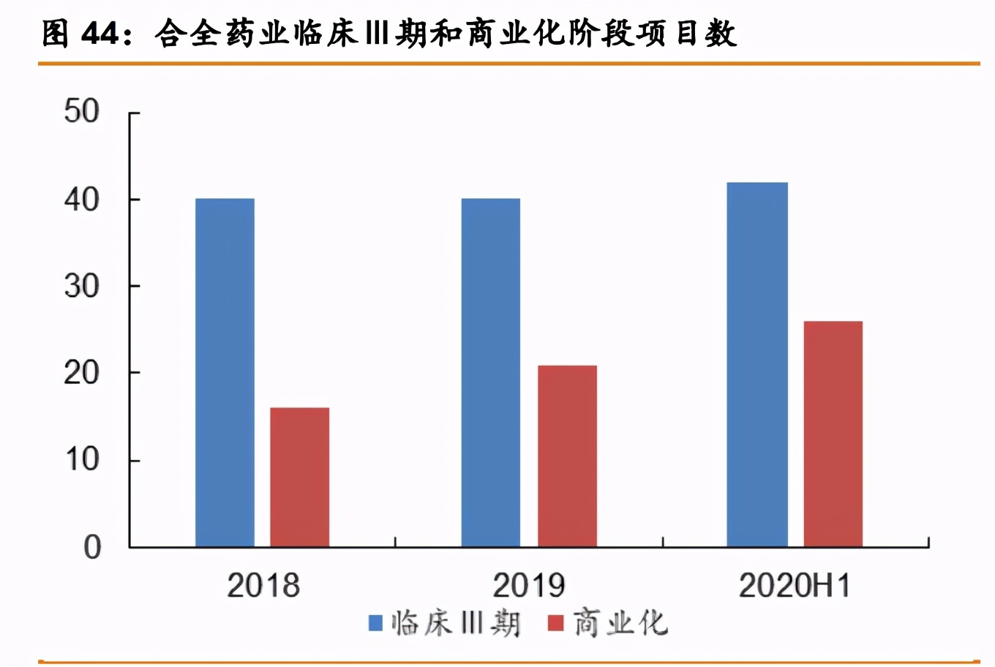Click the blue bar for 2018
pyautogui.click(x=225, y=372)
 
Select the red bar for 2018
pyautogui.click(x=299, y=477)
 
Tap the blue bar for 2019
pyautogui.click(x=490, y=372)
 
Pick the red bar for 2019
pyautogui.click(x=567, y=456)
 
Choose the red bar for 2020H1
pyautogui.click(x=833, y=434)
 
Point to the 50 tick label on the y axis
pyautogui.click(x=81, y=112)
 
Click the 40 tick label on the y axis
pyautogui.click(x=81, y=200)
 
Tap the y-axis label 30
pyautogui.click(x=81, y=286)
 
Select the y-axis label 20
pyautogui.click(x=81, y=373)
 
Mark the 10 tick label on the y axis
pyautogui.click(x=81, y=460)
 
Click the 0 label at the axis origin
pyautogui.click(x=92, y=547)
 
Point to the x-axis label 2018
pyautogui.click(x=263, y=585)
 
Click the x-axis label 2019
pyautogui.click(x=529, y=585)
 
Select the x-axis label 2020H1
pyautogui.click(x=795, y=585)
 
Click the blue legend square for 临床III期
pyautogui.click(x=375, y=623)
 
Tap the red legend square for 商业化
pyautogui.click(x=556, y=623)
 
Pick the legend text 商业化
pyautogui.click(x=620, y=623)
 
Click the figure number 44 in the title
pyautogui.click(x=101, y=34)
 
